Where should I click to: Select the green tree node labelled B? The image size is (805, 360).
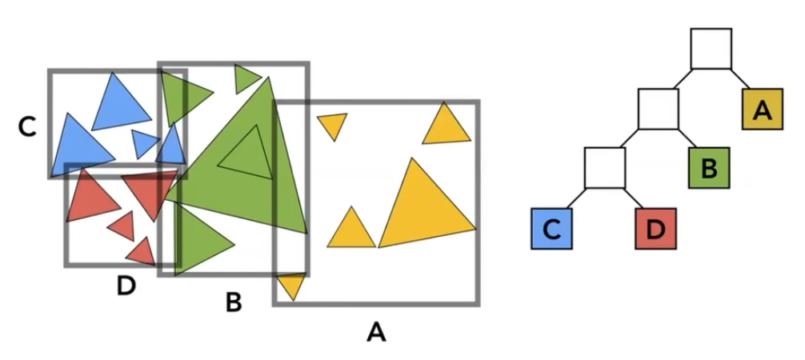708,168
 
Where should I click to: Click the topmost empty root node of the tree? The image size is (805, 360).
711,49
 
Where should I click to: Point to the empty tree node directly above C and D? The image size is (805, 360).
604,167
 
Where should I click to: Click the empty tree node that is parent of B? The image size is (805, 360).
658,109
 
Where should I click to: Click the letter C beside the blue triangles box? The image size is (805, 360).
28,126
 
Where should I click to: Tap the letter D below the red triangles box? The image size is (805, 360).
126,285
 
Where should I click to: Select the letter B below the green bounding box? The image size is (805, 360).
234,302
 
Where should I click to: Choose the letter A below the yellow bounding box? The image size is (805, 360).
376,330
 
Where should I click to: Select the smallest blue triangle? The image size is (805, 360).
145,142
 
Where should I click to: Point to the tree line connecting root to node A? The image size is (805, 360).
741,78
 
